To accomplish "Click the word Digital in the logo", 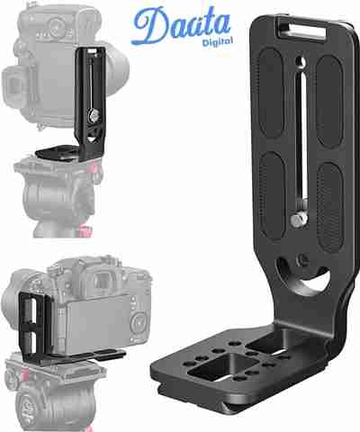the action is click(x=218, y=41).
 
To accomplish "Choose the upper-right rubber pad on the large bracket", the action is click(x=330, y=102).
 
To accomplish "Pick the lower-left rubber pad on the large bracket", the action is click(x=273, y=196).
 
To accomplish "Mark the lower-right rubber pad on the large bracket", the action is click(x=330, y=208).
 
